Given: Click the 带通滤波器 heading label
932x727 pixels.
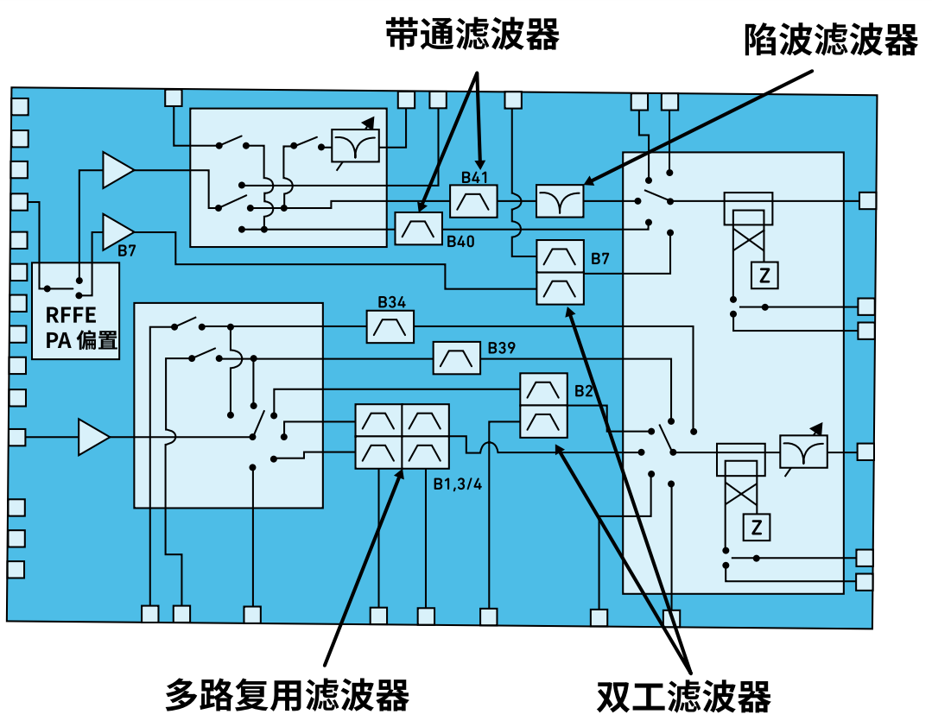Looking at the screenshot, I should coord(472,36).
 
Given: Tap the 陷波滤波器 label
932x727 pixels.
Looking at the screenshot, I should coord(830,40).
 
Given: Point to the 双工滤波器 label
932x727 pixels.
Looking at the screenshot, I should coord(683,696).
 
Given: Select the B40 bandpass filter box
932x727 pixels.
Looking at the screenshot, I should coord(419,228).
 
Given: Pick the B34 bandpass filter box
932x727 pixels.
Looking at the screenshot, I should coord(390,326).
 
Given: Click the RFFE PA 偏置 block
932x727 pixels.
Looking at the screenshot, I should coord(76,311).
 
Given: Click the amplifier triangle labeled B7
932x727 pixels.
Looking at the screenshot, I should coord(117,231).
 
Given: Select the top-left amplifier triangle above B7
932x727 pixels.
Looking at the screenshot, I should coord(117,170).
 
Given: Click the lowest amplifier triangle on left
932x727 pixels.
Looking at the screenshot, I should coord(93,437).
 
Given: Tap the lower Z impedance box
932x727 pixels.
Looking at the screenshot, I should coord(757,526).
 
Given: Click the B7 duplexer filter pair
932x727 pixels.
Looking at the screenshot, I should coord(561,272).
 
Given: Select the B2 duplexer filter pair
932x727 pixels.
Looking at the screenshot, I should coord(543,406).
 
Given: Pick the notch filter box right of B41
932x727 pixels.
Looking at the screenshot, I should coord(560,202).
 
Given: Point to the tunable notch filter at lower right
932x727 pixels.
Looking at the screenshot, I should coord(803,452).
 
